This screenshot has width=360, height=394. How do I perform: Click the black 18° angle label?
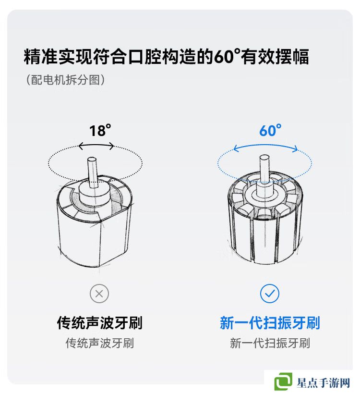click(100, 131)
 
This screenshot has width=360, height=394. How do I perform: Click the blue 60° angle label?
click(270, 130)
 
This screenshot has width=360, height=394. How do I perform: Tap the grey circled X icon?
click(99, 294)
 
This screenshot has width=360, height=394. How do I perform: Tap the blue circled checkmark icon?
click(270, 294)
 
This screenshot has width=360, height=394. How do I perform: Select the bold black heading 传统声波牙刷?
click(100, 323)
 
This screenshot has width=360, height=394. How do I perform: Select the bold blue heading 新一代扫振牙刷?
click(270, 323)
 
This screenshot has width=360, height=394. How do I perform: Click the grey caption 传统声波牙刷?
click(100, 343)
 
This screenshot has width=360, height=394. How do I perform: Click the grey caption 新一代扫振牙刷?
click(270, 343)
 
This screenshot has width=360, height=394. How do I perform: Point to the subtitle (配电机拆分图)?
click(65, 80)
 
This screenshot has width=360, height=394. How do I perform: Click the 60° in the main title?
click(227, 56)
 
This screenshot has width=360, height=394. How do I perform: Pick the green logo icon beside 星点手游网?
click(283, 382)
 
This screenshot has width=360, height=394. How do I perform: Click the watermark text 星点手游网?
click(324, 383)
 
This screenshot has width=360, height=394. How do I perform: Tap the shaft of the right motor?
click(264, 169)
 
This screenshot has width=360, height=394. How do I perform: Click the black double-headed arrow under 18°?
click(96, 145)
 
